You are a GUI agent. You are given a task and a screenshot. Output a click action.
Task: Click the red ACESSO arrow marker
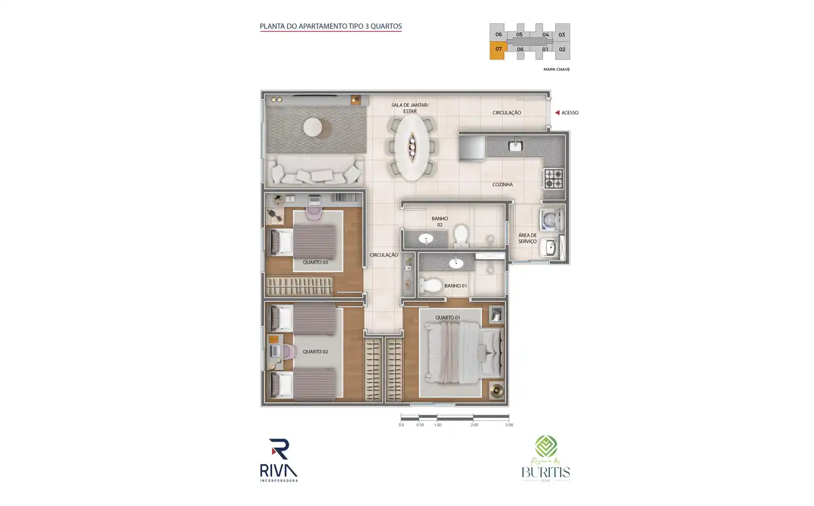point(556,113)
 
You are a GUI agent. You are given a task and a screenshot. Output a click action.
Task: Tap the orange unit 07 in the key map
point(497,50)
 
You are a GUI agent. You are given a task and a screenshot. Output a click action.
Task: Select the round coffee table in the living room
point(316,128)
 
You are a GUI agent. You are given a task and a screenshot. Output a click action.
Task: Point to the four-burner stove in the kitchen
point(553,178)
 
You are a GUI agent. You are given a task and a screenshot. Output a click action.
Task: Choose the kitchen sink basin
point(516,146)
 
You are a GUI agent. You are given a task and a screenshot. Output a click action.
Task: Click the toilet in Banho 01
point(432,285)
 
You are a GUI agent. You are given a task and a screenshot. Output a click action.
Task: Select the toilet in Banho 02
point(461,234)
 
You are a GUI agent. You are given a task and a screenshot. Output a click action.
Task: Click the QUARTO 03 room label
point(315,262)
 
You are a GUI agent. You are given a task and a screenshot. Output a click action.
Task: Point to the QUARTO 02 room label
point(315,352)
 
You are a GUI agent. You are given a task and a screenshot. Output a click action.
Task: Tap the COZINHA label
point(502,184)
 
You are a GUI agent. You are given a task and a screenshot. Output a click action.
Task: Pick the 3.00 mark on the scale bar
point(509,424)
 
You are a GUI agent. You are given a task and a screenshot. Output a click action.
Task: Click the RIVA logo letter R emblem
point(279,449)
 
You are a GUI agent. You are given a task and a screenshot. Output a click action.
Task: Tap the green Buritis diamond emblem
point(545,446)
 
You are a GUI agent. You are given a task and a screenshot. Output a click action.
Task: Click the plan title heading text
point(331,27)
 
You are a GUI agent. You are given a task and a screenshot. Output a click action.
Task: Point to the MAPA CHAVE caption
point(556,69)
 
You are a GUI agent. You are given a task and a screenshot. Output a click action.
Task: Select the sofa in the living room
point(315,172)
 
